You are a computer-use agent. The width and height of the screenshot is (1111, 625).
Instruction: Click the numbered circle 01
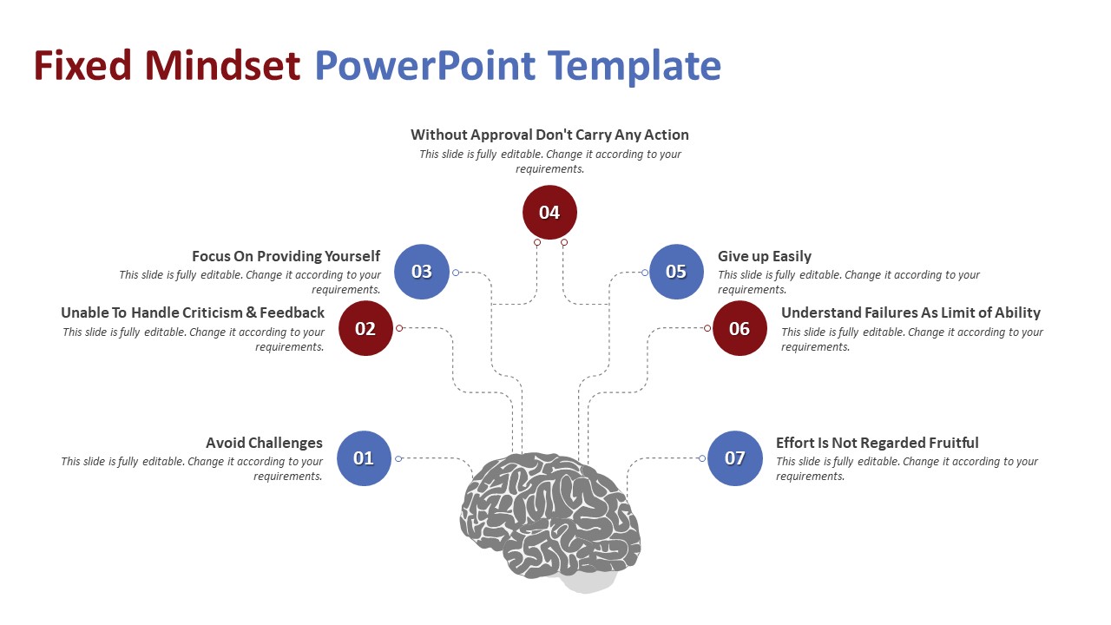click(x=364, y=458)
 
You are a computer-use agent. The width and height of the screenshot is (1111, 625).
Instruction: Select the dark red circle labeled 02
click(x=365, y=328)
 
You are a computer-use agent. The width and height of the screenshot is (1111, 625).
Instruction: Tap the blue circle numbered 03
click(x=422, y=272)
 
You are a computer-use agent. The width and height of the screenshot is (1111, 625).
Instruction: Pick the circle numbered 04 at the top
click(x=549, y=213)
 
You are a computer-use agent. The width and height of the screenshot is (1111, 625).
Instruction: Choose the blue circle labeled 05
click(x=676, y=272)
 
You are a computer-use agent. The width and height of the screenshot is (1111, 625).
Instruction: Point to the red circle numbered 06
click(x=740, y=328)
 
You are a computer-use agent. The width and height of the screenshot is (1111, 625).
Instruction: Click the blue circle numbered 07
click(x=735, y=458)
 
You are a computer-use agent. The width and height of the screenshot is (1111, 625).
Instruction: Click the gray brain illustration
click(x=549, y=516)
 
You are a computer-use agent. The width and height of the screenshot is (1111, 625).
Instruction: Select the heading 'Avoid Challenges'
click(x=264, y=443)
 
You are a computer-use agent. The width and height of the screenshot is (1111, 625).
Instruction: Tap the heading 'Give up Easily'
click(x=765, y=256)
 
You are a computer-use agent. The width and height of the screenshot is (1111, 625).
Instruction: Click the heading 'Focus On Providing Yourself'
click(x=286, y=256)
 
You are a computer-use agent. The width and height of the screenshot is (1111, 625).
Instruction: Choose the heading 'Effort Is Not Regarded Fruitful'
click(x=877, y=443)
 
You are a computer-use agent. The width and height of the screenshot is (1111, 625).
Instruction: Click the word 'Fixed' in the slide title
click(x=82, y=66)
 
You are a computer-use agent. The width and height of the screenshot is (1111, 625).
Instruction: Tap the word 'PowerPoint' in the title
click(x=424, y=66)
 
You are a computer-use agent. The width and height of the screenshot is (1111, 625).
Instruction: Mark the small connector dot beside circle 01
click(x=398, y=458)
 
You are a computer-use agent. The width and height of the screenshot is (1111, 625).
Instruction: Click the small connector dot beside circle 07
click(x=701, y=458)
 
